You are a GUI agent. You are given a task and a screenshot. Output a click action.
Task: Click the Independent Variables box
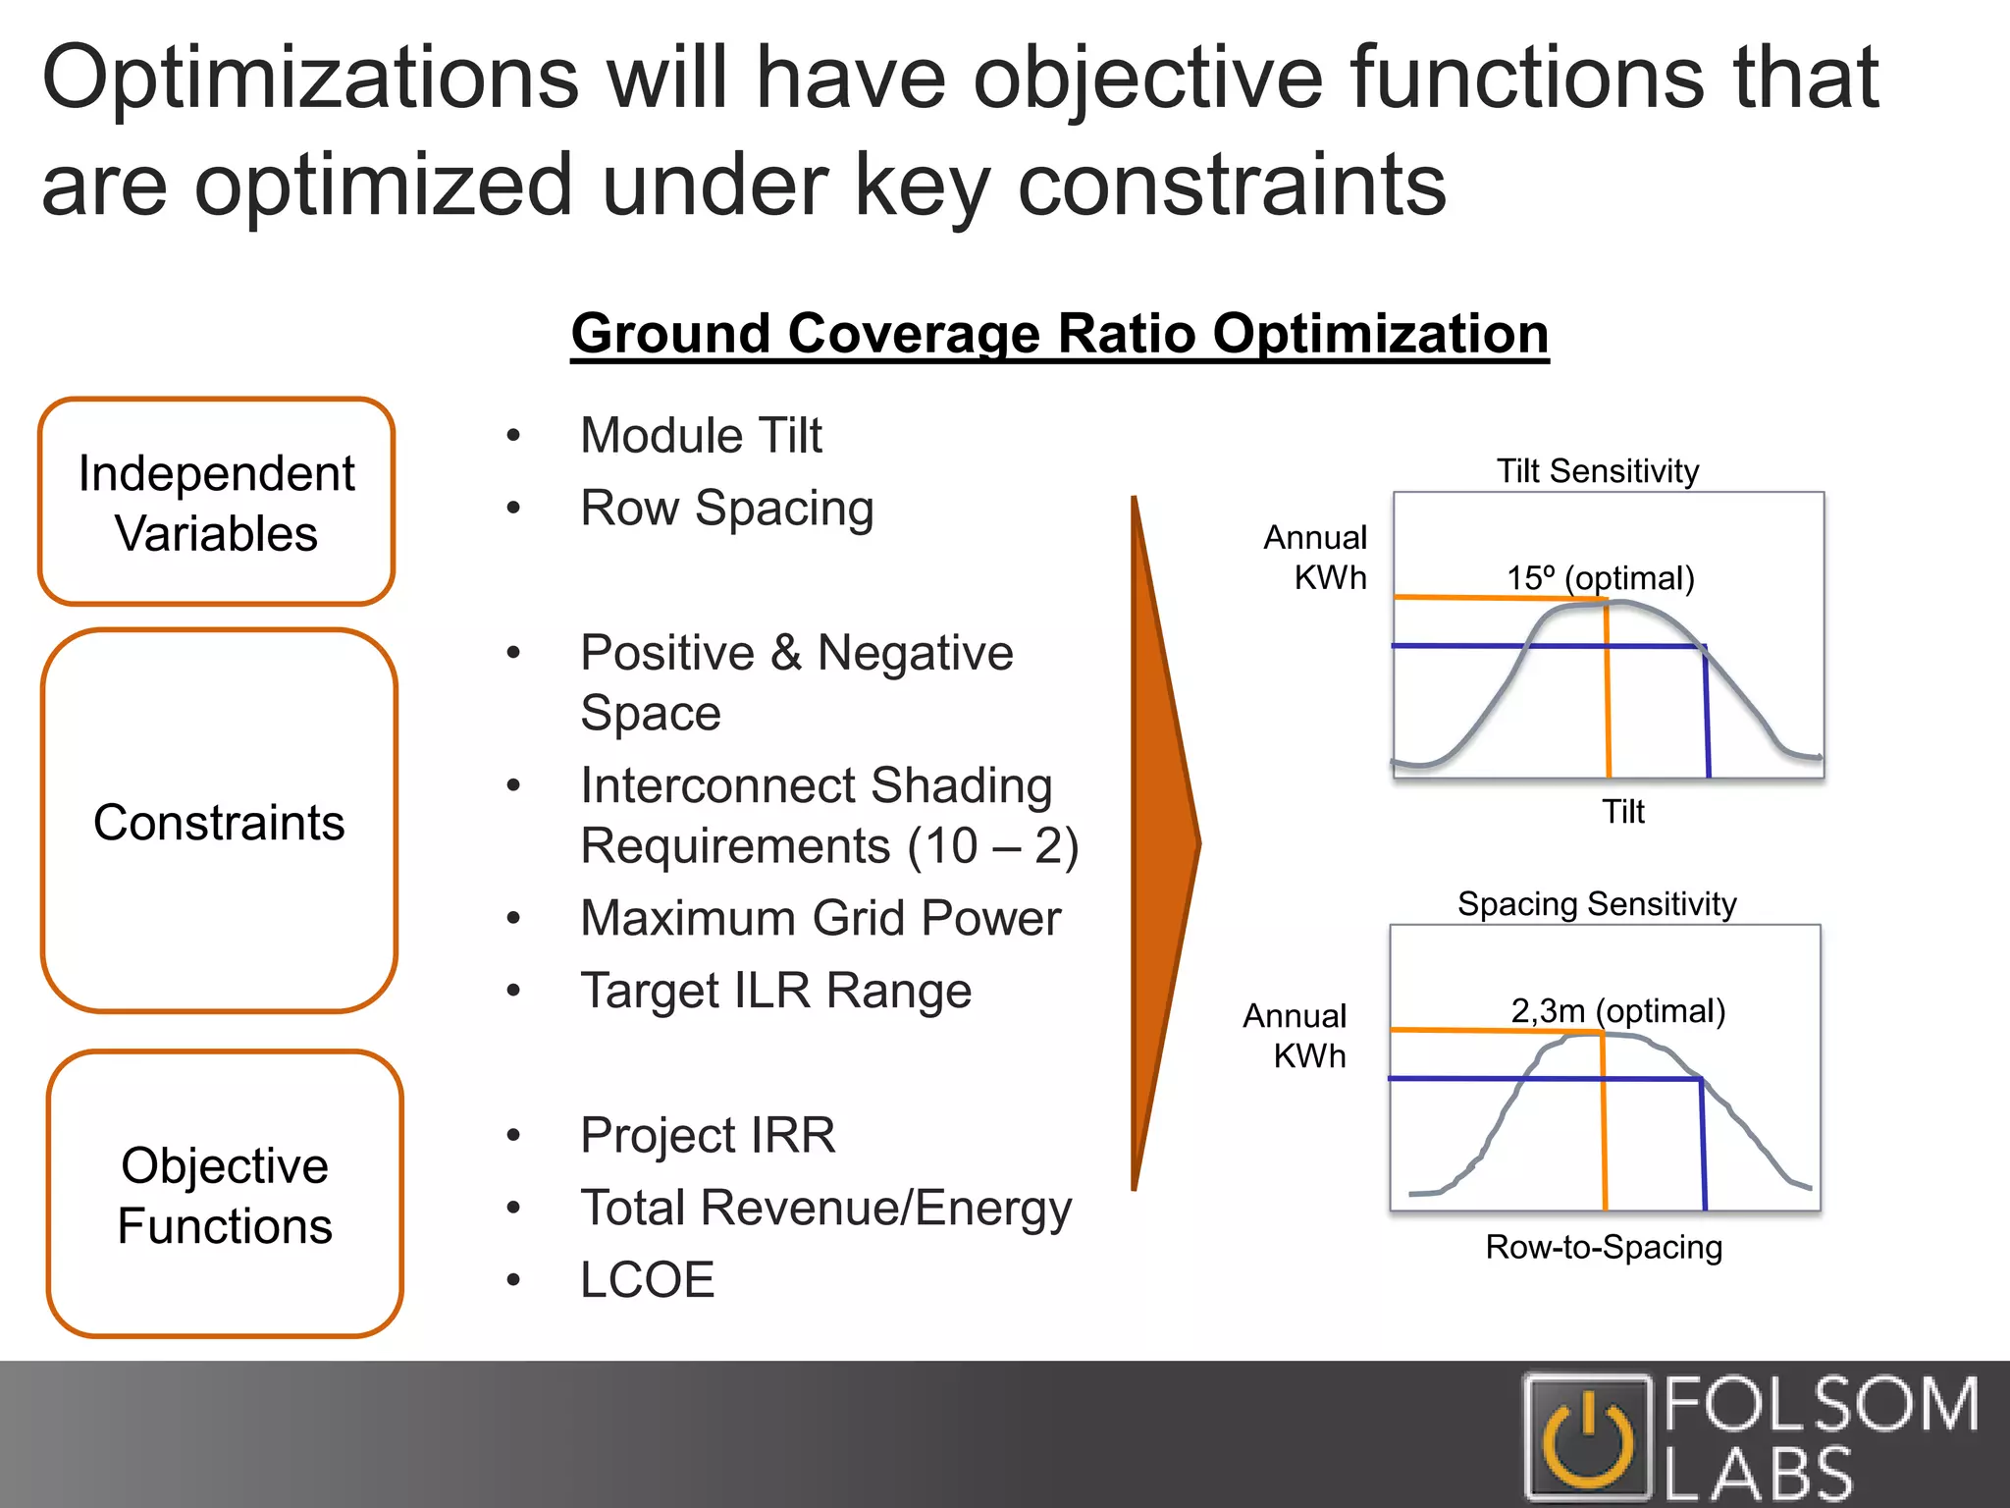coord(216,502)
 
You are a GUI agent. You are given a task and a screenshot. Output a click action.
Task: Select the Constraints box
coord(219,821)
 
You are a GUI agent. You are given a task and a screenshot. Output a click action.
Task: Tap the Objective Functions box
coord(225,1194)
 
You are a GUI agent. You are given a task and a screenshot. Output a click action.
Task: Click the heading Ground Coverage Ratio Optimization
coord(1059,334)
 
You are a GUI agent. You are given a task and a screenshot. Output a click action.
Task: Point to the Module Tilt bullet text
coord(701,435)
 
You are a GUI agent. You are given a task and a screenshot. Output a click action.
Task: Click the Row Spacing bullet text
coord(726,508)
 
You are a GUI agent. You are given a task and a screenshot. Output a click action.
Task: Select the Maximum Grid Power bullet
coord(820,918)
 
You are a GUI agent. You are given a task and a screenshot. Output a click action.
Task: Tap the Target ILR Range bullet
coord(775,991)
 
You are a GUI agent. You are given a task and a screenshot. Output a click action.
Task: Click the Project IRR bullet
coord(708,1135)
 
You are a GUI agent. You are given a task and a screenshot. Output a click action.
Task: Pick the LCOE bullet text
coord(647,1279)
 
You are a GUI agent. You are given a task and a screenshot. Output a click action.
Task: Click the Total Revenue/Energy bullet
coord(825,1208)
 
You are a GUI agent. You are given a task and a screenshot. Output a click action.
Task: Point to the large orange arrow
coord(1163,842)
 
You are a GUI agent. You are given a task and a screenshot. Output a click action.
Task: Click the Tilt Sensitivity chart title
coord(1597,471)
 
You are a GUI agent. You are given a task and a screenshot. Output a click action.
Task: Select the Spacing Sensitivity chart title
coord(1597,903)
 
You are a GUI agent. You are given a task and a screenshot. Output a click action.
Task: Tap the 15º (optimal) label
coord(1601,577)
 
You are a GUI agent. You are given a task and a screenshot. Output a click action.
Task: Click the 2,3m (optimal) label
coord(1617,1010)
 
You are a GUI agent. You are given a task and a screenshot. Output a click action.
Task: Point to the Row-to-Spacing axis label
coord(1604,1247)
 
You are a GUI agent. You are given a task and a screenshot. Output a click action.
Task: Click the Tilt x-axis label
coord(1623,812)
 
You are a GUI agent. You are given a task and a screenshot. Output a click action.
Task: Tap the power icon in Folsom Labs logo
coord(1587,1439)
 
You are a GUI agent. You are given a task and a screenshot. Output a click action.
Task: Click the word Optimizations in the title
coord(310,79)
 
